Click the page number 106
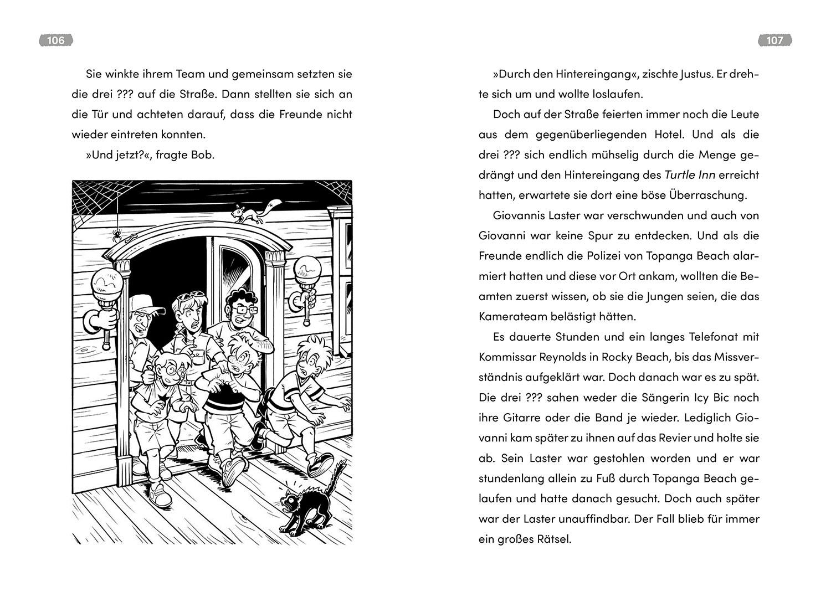point(56,40)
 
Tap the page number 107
point(774,40)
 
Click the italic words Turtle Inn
point(690,175)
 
